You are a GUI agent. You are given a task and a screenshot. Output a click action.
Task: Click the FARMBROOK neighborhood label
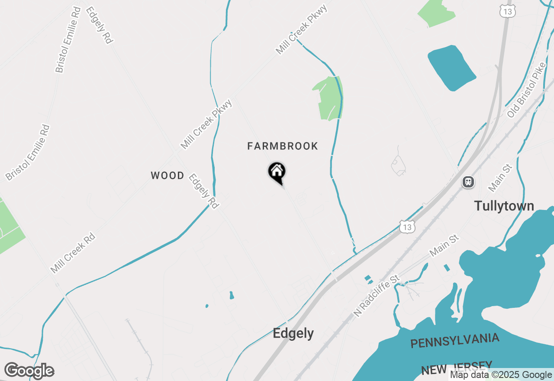tap(283, 146)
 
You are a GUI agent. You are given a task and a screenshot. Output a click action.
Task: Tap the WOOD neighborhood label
tap(167, 176)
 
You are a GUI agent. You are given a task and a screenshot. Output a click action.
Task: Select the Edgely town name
tap(293, 333)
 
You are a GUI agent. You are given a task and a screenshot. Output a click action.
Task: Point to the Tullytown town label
tap(504, 206)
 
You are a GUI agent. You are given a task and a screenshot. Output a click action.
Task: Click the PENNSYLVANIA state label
tap(454, 340)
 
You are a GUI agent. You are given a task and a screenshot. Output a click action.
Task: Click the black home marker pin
tap(277, 173)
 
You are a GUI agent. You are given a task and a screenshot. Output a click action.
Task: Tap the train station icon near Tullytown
tap(468, 182)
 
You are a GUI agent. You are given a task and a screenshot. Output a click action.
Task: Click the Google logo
tap(29, 371)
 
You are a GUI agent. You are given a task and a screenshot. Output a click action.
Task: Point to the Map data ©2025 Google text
tap(501, 375)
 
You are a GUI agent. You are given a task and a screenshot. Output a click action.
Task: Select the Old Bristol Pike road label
tap(527, 90)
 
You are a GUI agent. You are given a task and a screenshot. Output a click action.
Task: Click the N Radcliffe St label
tap(376, 295)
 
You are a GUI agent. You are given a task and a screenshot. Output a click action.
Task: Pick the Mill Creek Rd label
tap(72, 254)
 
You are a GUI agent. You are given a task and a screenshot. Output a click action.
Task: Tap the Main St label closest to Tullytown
tap(500, 178)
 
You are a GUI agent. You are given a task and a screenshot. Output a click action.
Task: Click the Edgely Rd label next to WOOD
tap(203, 191)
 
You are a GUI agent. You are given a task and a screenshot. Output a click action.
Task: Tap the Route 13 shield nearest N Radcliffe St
tap(407, 227)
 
